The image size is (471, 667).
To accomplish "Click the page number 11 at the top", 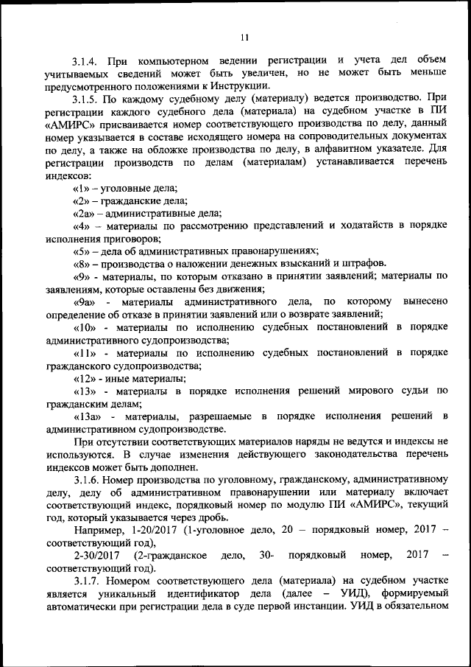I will tap(245, 38).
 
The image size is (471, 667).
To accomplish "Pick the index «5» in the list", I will tap(81, 251).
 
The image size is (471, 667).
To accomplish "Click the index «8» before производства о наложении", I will tap(81, 263).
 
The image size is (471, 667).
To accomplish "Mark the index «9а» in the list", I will tap(84, 301).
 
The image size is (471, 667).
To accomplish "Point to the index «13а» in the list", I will tap(87, 416).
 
